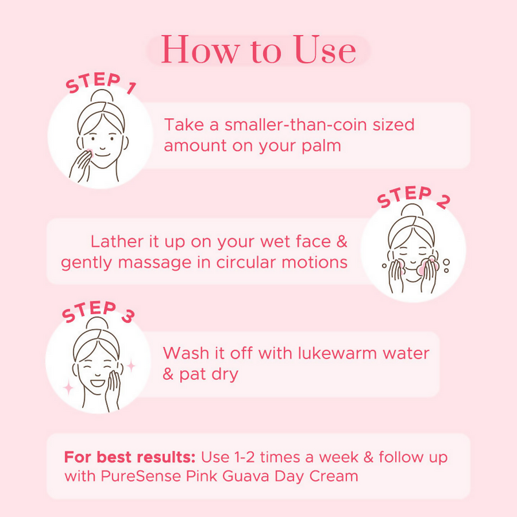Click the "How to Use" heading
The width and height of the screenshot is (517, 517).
tap(258, 50)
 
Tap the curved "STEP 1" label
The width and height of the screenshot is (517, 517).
tap(100, 83)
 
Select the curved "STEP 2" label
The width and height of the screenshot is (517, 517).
tap(414, 197)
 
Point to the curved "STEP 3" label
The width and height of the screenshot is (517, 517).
tap(98, 311)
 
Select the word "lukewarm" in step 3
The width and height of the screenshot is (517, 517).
tap(337, 353)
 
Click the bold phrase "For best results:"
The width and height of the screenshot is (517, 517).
tap(130, 457)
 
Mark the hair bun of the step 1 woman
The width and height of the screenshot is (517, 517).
tap(102, 96)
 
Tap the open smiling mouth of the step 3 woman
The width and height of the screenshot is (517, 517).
tap(98, 383)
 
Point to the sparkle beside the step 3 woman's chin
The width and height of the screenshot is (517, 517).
tap(69, 387)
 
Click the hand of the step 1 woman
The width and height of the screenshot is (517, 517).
tap(80, 166)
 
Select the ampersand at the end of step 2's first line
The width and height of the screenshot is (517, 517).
tap(342, 241)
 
